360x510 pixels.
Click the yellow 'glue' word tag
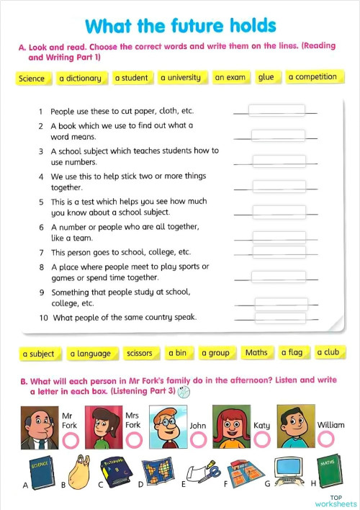[266, 77]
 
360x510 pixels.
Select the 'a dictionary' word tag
[80, 78]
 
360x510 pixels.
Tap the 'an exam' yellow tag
[230, 77]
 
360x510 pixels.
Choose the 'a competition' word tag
[312, 76]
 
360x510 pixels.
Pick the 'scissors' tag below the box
[139, 353]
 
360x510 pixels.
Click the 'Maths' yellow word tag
[256, 352]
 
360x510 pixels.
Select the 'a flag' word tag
[292, 352]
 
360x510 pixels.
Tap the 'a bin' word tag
[177, 353]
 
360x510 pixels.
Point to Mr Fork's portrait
[38, 427]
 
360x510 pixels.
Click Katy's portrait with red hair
[231, 426]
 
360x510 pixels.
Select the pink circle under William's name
[327, 439]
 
